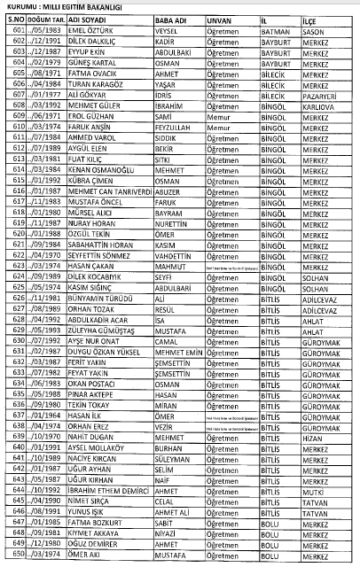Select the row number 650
(x=16, y=555)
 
